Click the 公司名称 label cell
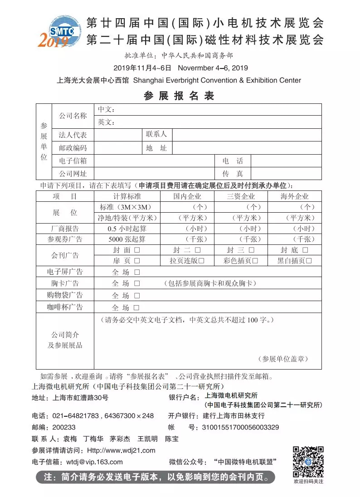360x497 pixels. click(73, 116)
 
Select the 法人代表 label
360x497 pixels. click(73, 135)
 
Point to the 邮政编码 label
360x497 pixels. click(73, 148)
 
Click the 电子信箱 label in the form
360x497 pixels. click(73, 161)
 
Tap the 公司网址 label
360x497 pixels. click(73, 173)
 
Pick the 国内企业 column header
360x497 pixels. click(187, 196)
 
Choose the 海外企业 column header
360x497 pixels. click(295, 196)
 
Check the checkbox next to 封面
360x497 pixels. click(136, 250)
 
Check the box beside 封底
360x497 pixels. click(305, 250)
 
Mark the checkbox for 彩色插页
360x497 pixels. click(255, 261)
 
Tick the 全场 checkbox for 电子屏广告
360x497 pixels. click(137, 272)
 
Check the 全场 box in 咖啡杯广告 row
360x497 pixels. click(137, 307)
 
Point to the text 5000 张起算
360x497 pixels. click(127, 239)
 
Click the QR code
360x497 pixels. click(308, 462)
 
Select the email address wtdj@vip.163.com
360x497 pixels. click(94, 462)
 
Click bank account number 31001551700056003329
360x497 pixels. click(240, 427)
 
